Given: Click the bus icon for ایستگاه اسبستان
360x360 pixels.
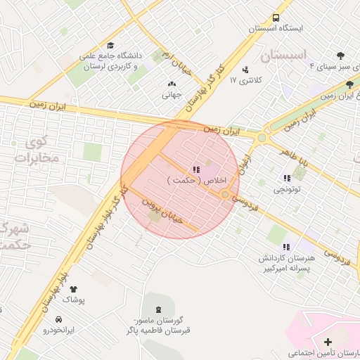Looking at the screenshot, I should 276,18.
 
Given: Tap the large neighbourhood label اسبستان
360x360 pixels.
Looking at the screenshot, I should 284,55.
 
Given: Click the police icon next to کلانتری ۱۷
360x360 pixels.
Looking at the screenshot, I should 245,70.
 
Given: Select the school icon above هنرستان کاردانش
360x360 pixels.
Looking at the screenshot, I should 286,247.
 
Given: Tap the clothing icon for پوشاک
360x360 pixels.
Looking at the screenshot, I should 73,288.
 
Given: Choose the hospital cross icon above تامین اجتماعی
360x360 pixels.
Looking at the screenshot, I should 328,342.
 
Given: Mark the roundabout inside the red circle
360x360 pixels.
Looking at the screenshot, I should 225,194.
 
